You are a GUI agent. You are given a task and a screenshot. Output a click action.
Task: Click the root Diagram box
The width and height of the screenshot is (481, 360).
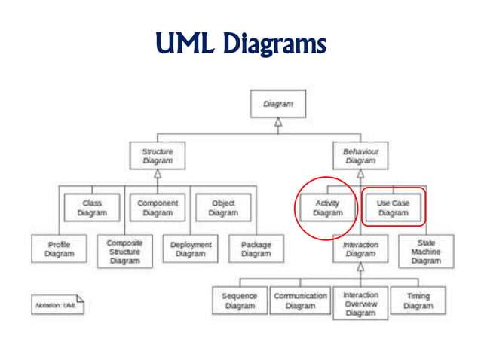[277, 104]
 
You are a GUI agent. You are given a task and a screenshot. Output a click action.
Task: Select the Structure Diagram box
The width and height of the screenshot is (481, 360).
[157, 156]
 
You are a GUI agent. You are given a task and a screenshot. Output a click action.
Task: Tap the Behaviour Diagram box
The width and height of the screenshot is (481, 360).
[360, 156]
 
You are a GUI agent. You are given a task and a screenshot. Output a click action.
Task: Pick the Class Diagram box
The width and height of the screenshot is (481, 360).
[91, 208]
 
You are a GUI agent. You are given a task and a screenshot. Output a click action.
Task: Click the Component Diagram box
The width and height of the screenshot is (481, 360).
[158, 208]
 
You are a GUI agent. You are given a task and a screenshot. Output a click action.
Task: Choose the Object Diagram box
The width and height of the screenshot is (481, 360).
[222, 208]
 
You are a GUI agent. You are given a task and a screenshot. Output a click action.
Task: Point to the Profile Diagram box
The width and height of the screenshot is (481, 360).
[59, 249]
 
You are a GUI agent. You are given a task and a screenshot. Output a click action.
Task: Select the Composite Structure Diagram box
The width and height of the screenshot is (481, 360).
[124, 252]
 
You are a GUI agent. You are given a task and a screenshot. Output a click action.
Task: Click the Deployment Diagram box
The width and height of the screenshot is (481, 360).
[190, 249]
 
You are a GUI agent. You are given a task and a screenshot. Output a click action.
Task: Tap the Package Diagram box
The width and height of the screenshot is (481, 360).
[256, 249]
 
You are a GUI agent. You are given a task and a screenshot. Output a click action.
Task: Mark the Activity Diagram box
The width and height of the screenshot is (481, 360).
[327, 208]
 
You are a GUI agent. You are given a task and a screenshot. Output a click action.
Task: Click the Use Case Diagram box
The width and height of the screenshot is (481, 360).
[393, 208]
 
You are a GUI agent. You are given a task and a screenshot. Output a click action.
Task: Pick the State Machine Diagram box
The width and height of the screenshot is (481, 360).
[426, 252]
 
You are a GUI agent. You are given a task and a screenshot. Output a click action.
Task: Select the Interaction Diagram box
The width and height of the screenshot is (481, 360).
[360, 249]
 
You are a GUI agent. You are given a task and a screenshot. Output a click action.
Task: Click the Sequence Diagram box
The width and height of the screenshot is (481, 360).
[240, 301]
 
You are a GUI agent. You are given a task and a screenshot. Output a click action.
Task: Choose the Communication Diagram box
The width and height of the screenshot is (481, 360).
[300, 301]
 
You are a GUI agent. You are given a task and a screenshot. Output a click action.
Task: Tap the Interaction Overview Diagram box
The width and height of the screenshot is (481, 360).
[360, 304]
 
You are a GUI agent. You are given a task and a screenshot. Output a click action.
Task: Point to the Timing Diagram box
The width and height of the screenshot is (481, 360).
[418, 301]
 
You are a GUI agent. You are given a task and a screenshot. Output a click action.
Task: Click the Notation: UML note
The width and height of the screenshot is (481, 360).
[57, 305]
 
